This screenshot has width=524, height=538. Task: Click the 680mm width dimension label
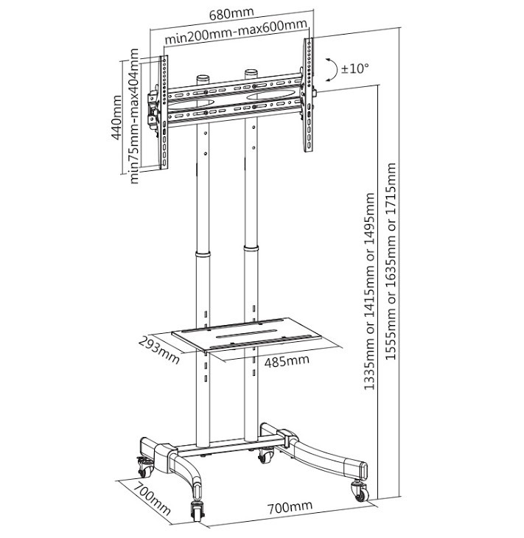coord(231,14)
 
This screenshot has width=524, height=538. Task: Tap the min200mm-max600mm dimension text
coord(236,32)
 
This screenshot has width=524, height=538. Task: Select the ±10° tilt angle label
coord(354,69)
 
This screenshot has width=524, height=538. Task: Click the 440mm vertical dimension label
coord(116,117)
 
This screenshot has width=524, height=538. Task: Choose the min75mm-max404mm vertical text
coord(134,116)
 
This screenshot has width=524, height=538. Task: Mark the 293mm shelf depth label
coord(159,350)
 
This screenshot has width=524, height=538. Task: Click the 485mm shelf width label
coord(287,361)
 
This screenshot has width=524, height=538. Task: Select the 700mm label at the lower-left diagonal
coord(152,499)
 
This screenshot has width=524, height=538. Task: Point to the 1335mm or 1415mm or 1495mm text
coord(369,291)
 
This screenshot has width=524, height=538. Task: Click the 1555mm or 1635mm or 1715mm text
coord(391,261)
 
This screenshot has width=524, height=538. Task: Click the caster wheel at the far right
coord(360,492)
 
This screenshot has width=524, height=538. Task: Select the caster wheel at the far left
coord(144,467)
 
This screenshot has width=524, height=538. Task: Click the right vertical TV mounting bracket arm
coord(308,94)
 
